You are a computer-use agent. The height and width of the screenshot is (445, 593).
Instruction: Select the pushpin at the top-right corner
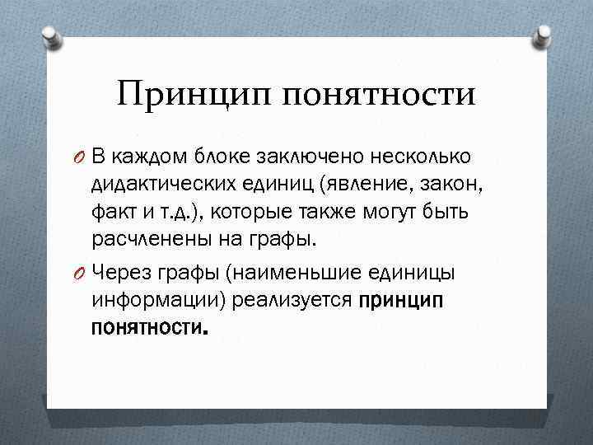544,35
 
